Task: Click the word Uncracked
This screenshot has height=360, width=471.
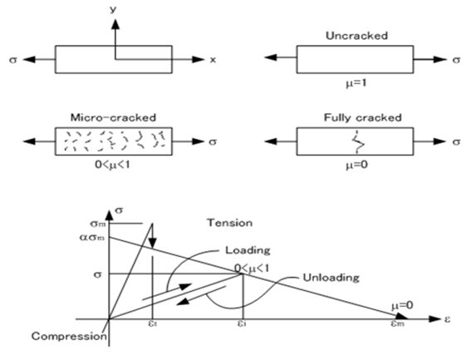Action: click(357, 36)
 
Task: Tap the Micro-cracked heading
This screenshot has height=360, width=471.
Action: click(113, 117)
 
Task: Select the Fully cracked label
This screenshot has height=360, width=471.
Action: click(362, 117)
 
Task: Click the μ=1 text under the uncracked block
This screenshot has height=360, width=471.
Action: click(356, 82)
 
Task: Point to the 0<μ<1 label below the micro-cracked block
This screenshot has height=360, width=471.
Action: click(113, 165)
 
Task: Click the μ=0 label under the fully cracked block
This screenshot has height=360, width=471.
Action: click(356, 165)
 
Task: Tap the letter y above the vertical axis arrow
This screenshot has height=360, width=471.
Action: click(113, 9)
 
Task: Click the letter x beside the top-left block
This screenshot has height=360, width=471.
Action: click(213, 60)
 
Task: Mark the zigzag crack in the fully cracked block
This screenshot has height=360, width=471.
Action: click(358, 141)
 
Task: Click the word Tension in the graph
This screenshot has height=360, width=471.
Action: click(230, 223)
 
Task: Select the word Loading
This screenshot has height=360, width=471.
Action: click(248, 250)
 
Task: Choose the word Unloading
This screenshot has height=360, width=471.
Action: click(331, 278)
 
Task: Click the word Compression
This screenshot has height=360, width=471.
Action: click(69, 336)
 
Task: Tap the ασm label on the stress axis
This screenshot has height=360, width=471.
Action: click(92, 238)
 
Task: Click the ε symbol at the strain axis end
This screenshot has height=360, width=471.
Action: click(447, 319)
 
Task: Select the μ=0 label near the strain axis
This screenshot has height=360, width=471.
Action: click(402, 306)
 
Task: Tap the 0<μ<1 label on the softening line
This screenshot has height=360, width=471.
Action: click(252, 269)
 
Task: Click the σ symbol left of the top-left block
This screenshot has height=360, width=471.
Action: click(13, 60)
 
